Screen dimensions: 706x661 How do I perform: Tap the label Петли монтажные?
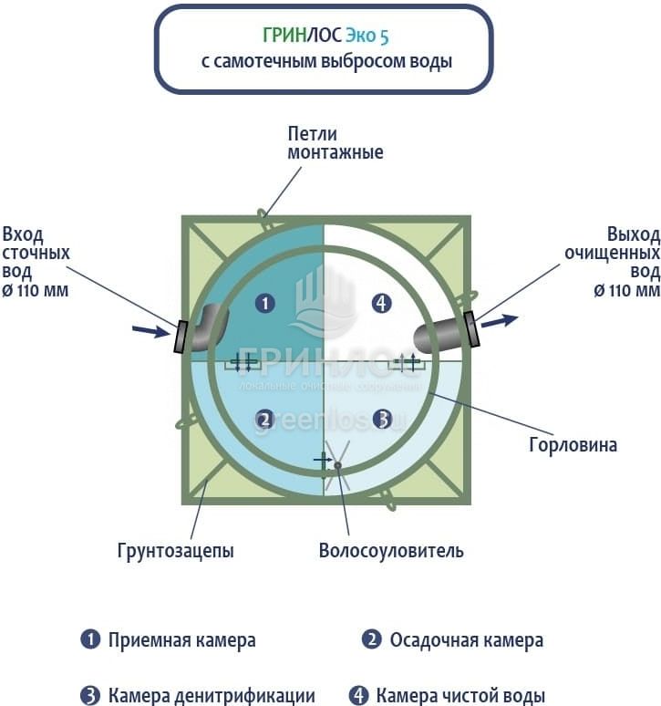[x=335, y=143]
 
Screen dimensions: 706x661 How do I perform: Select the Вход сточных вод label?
[x=36, y=261]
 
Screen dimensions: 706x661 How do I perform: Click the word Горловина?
[x=573, y=445]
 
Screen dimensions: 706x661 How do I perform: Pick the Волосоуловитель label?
[x=391, y=551]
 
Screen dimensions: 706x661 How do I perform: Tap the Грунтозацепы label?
[x=175, y=551]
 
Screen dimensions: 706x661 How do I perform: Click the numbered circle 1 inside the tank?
[x=264, y=303]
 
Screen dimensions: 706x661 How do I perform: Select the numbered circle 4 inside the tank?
[x=382, y=303]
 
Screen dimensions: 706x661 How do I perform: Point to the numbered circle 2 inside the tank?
[x=264, y=420]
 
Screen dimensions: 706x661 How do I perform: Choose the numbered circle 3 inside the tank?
[x=383, y=420]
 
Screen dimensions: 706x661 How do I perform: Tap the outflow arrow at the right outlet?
[x=501, y=320]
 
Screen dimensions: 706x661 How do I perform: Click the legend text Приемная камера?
[x=181, y=640]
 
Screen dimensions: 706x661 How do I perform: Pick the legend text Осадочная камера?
[x=466, y=640]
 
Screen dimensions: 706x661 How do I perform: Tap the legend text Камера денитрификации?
[x=212, y=696]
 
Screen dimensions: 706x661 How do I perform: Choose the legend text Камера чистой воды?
[x=460, y=696]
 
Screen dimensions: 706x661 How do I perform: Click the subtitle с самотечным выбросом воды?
[x=326, y=62]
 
